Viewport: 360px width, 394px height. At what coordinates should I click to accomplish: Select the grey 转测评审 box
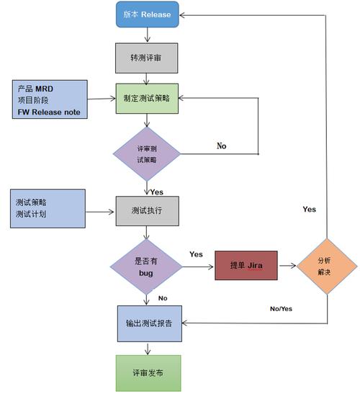pyautogui.click(x=147, y=58)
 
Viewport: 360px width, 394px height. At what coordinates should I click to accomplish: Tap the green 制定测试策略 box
pyautogui.click(x=147, y=99)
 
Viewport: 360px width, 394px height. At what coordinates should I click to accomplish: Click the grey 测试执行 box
pyautogui.click(x=147, y=211)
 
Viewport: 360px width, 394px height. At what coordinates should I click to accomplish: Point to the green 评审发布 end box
pyautogui.click(x=147, y=372)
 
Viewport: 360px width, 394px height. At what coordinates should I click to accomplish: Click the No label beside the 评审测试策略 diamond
pyautogui.click(x=222, y=145)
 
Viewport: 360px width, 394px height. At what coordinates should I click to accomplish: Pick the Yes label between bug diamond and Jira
pyautogui.click(x=195, y=254)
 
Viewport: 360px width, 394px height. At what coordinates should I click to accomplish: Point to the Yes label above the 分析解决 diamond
pyautogui.click(x=309, y=209)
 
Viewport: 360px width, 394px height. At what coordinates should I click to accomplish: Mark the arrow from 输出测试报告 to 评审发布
pyautogui.click(x=147, y=346)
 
